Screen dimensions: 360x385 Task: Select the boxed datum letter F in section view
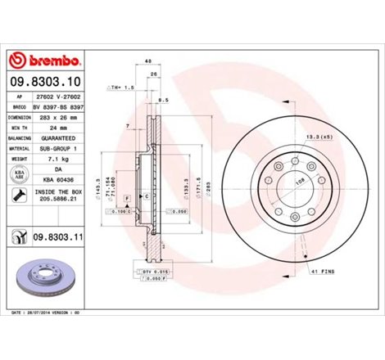(x=127, y=199)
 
